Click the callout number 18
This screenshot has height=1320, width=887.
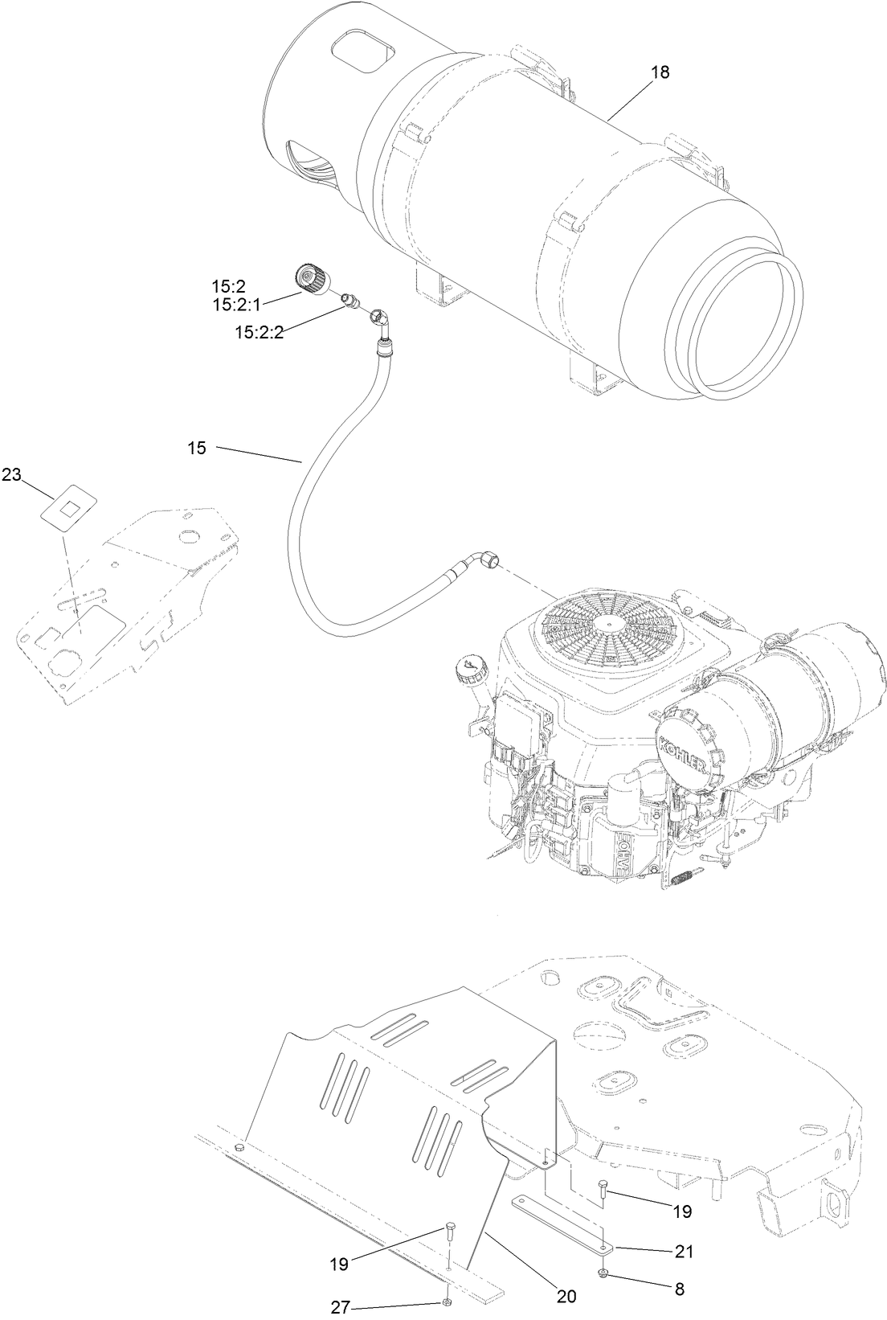click(x=660, y=72)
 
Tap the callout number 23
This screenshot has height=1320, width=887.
click(x=11, y=474)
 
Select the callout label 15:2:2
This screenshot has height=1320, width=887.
click(x=260, y=331)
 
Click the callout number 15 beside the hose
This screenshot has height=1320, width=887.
click(x=197, y=448)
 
